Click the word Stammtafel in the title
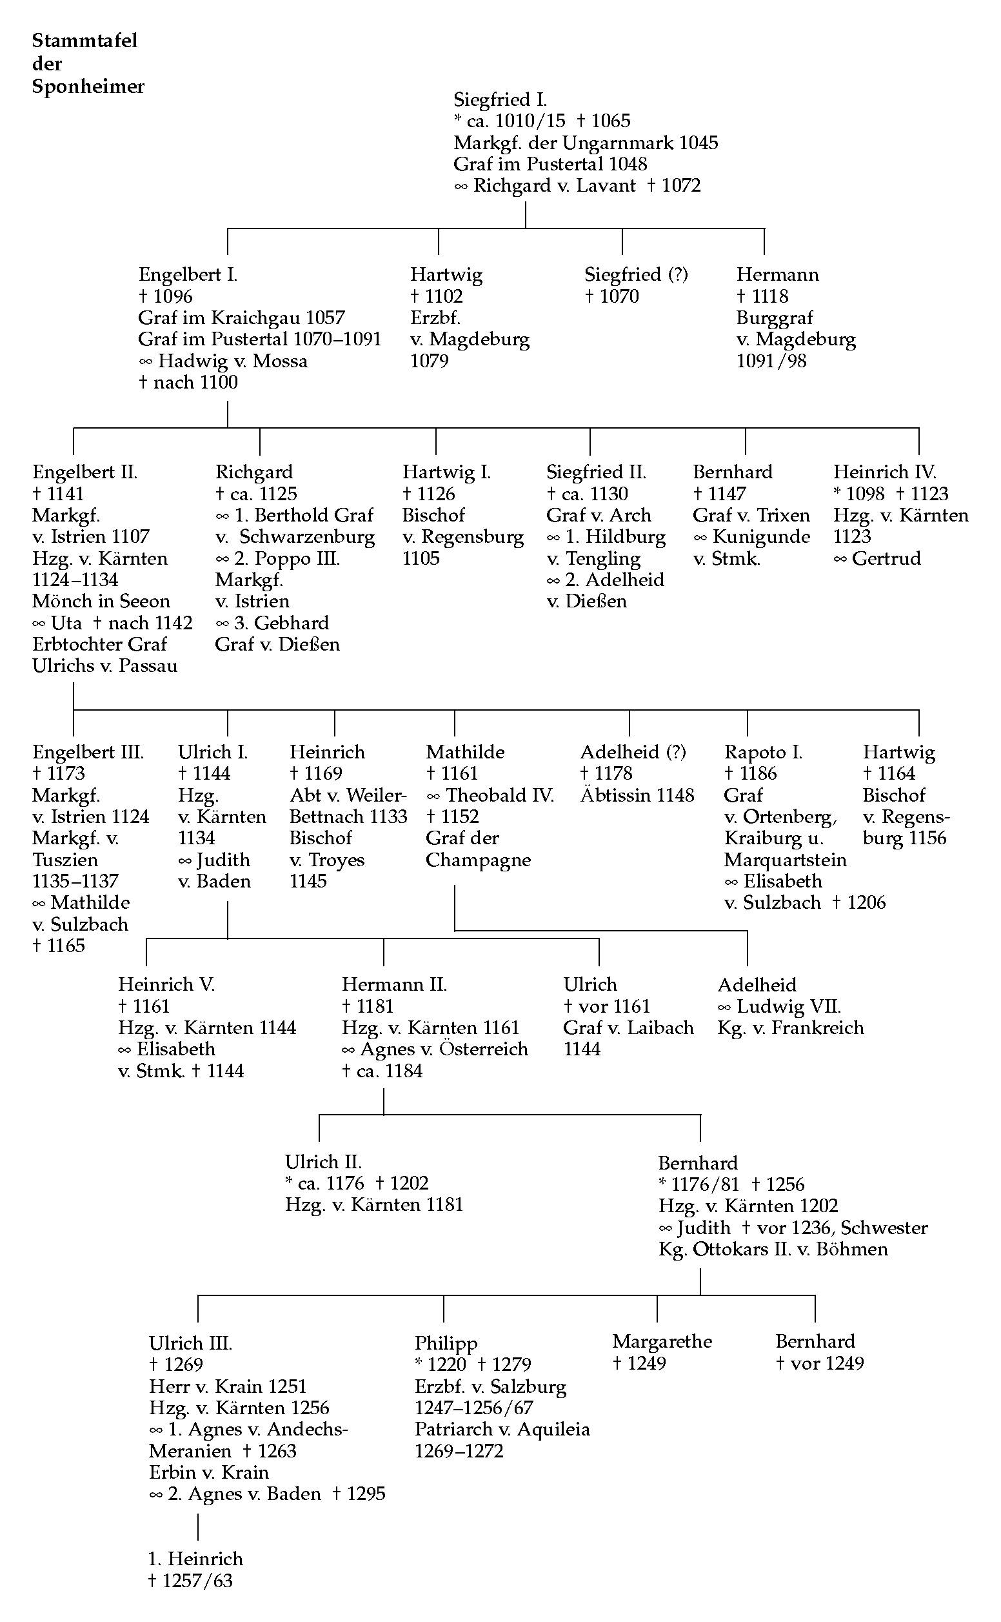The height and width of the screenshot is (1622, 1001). pyautogui.click(x=84, y=41)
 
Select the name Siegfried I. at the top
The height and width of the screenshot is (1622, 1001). pyautogui.click(x=501, y=99)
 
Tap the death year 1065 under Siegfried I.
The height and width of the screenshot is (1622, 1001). pyautogui.click(x=611, y=121)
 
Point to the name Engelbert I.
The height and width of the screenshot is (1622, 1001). pyautogui.click(x=188, y=274)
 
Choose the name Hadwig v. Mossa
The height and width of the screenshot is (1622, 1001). pyautogui.click(x=233, y=361)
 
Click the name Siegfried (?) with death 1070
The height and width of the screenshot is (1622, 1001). pyautogui.click(x=636, y=274)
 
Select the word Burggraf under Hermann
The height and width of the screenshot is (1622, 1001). pyautogui.click(x=775, y=318)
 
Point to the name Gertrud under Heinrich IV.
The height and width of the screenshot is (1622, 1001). pyautogui.click(x=886, y=558)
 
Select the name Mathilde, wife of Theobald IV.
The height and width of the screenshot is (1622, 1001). pyautogui.click(x=466, y=752)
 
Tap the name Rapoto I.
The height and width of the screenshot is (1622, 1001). pyautogui.click(x=764, y=752)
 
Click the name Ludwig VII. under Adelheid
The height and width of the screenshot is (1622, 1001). pyautogui.click(x=789, y=1007)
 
